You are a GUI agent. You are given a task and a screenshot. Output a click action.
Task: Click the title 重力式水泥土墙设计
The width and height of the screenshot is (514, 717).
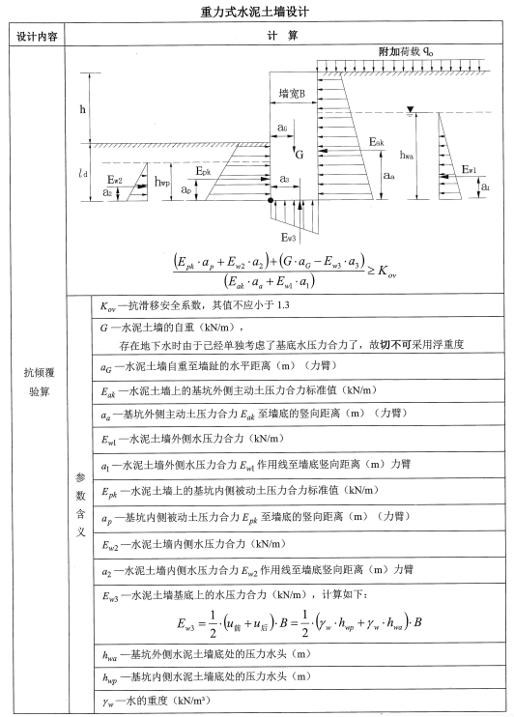[257, 11]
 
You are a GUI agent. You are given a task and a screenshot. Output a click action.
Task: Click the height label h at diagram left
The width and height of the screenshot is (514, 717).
[82, 108]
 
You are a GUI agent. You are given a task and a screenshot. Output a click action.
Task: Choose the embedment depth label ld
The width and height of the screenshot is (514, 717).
[82, 174]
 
